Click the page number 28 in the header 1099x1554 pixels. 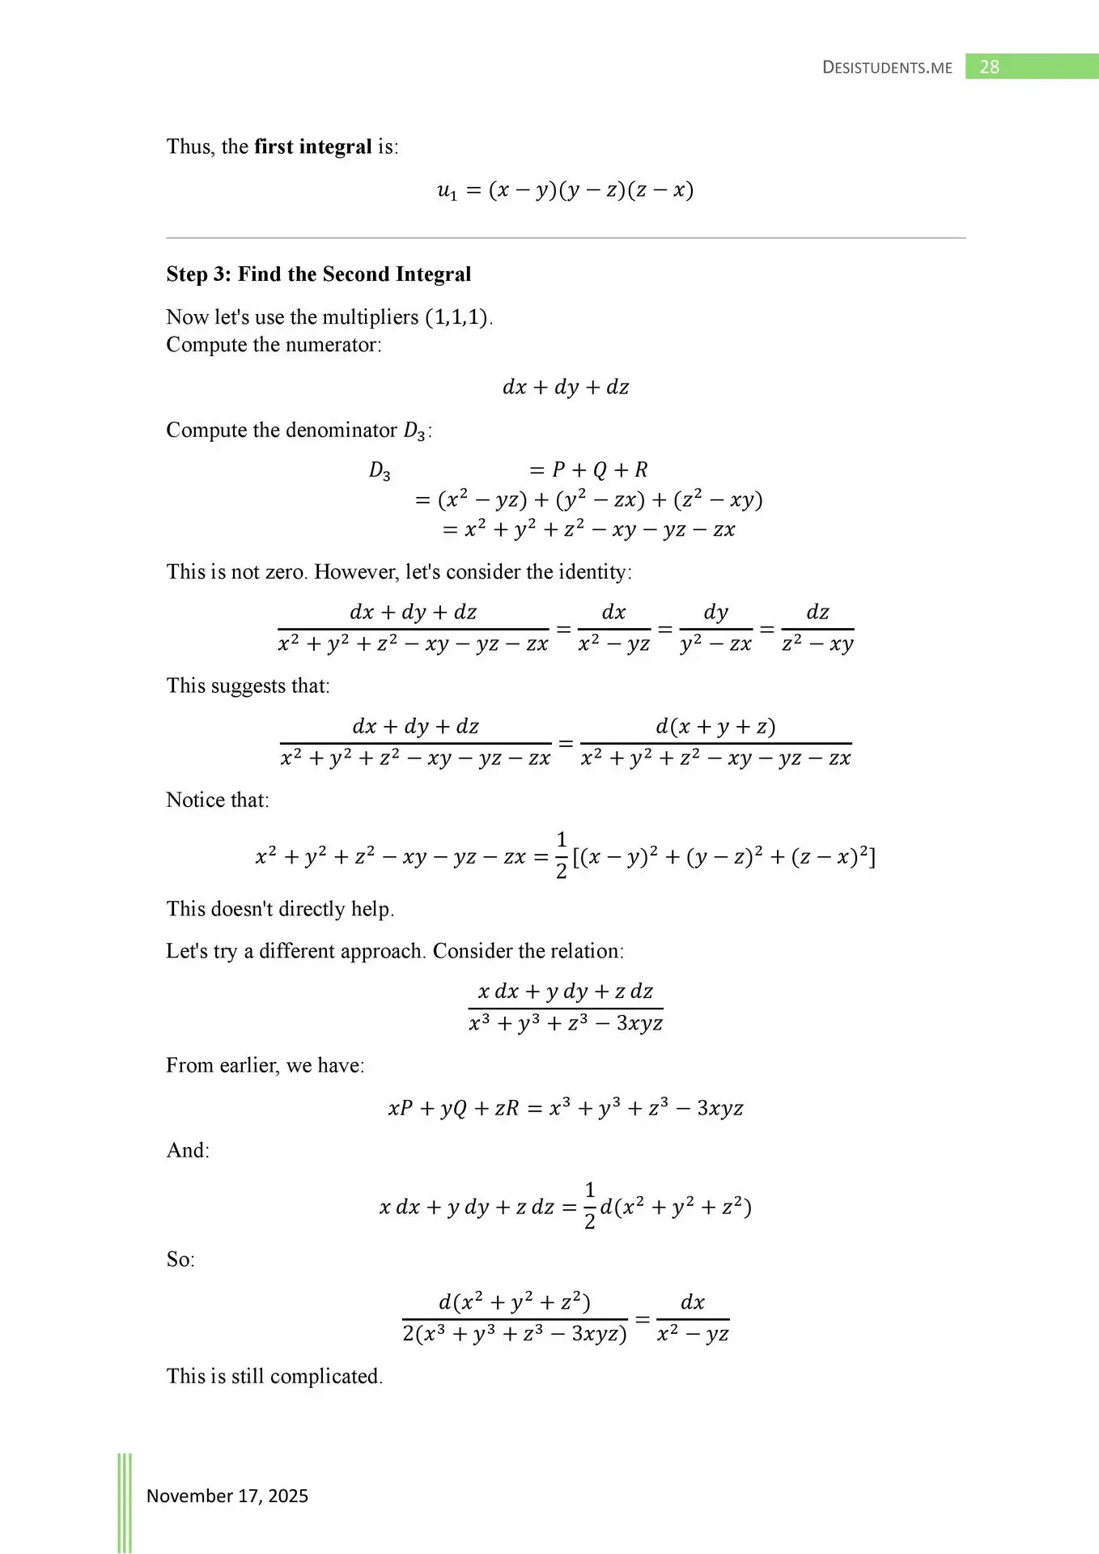click(989, 67)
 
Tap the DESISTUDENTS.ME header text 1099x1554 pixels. click(887, 68)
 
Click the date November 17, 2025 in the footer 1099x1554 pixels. click(227, 1496)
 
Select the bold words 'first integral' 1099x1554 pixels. click(313, 146)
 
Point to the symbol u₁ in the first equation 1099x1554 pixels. click(447, 191)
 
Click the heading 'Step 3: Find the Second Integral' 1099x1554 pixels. click(318, 274)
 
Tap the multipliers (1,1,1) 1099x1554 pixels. click(458, 317)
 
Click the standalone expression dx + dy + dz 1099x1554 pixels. click(566, 387)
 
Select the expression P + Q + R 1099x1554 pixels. click(600, 470)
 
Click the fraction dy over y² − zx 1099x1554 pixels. click(716, 628)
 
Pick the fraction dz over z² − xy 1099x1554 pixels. click(817, 628)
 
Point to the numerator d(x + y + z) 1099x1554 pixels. click(715, 727)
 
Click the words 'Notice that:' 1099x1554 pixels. click(218, 800)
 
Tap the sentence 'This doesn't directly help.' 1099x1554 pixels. click(280, 909)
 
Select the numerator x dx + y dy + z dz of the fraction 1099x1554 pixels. click(566, 991)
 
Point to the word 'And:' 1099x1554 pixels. click(188, 1150)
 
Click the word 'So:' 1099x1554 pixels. click(180, 1259)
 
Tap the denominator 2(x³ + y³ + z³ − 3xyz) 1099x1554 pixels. click(515, 1334)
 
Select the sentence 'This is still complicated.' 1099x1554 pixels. click(274, 1376)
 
